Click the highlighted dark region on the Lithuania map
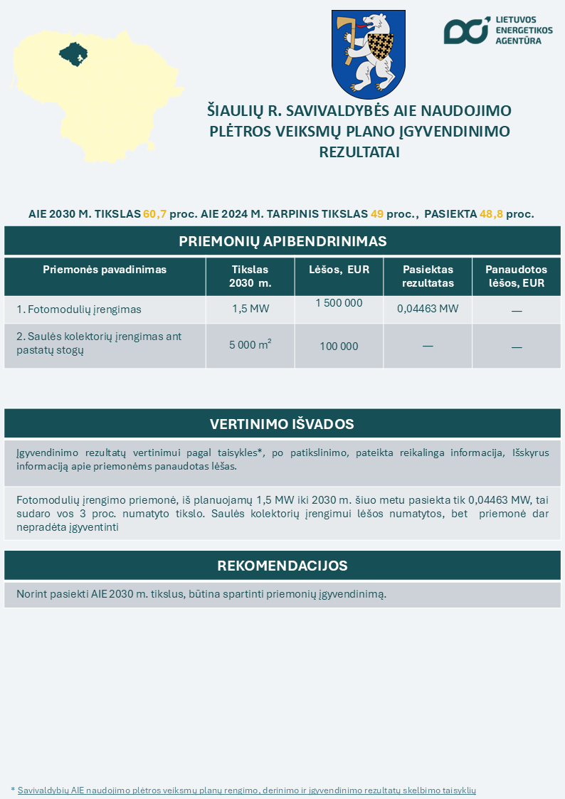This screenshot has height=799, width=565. [x=73, y=53]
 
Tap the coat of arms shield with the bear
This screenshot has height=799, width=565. [x=368, y=54]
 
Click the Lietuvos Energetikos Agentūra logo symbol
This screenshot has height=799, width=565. [x=467, y=31]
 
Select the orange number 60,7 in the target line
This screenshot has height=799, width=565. [x=154, y=213]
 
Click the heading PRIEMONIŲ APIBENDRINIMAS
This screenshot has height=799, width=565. [x=282, y=241]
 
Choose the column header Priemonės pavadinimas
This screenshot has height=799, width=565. [x=105, y=270]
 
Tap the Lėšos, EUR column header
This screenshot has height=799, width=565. [x=339, y=270]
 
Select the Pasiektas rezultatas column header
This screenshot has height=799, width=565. [x=428, y=276]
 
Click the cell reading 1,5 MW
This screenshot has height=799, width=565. [x=250, y=309]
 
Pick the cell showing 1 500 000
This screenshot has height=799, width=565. [x=339, y=303]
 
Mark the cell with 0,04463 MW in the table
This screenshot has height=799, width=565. [x=428, y=309]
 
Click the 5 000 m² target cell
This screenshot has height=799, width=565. [x=250, y=345]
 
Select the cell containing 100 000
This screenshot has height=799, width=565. [x=339, y=346]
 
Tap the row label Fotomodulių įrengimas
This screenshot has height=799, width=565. [x=79, y=309]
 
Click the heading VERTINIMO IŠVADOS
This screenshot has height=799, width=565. [x=282, y=424]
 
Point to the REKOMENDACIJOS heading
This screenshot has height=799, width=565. [x=282, y=566]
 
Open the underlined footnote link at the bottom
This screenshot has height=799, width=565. [x=246, y=790]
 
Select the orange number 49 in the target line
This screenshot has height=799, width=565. [x=377, y=213]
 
